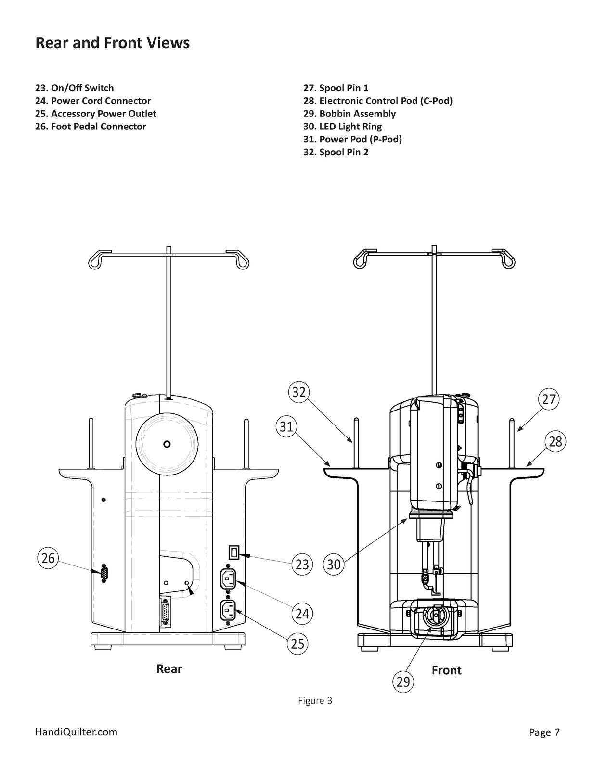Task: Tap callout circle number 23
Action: tap(302, 564)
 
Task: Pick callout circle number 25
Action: tap(297, 643)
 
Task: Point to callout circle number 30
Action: tap(334, 564)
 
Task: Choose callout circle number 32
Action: tap(299, 392)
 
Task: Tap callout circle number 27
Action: tap(548, 399)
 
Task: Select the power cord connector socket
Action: tap(229, 578)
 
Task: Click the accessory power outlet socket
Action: tap(229, 611)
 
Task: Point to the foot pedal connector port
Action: tap(103, 573)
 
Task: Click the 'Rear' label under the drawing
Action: tap(169, 668)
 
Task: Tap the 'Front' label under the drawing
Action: tap(446, 670)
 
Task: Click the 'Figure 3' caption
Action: tap(315, 700)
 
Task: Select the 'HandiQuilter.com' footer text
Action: tap(76, 732)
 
